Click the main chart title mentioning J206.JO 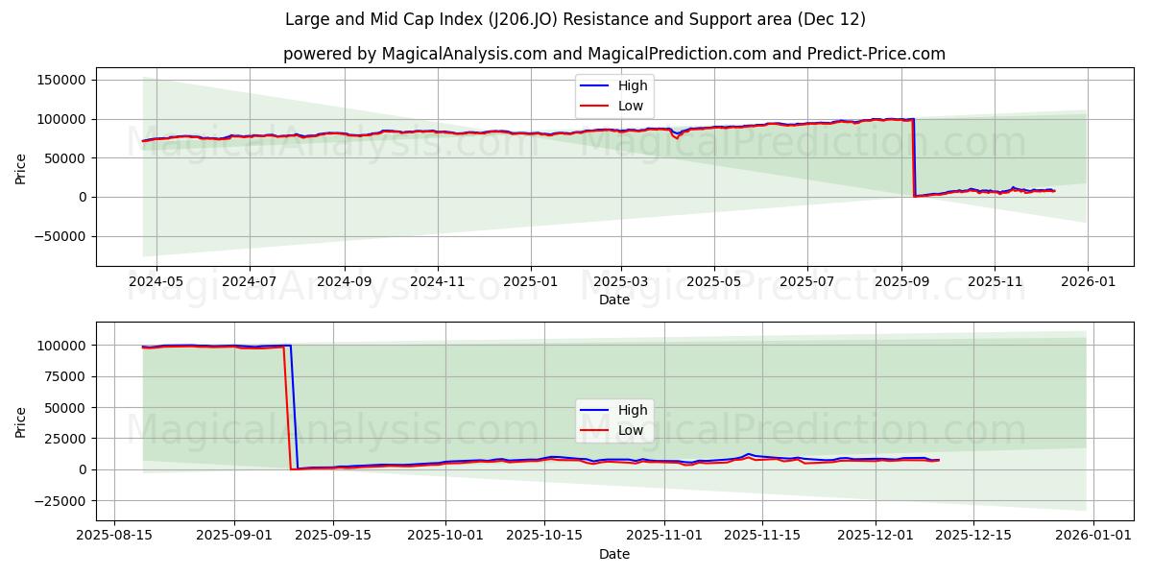(575, 19)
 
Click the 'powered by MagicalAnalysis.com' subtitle (613, 54)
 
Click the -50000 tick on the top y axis (60, 236)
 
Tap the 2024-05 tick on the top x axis (156, 282)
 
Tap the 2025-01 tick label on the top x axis (531, 282)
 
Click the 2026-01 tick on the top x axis (1087, 282)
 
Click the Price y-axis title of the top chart (21, 167)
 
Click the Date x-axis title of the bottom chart (613, 554)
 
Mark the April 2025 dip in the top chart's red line (677, 137)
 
